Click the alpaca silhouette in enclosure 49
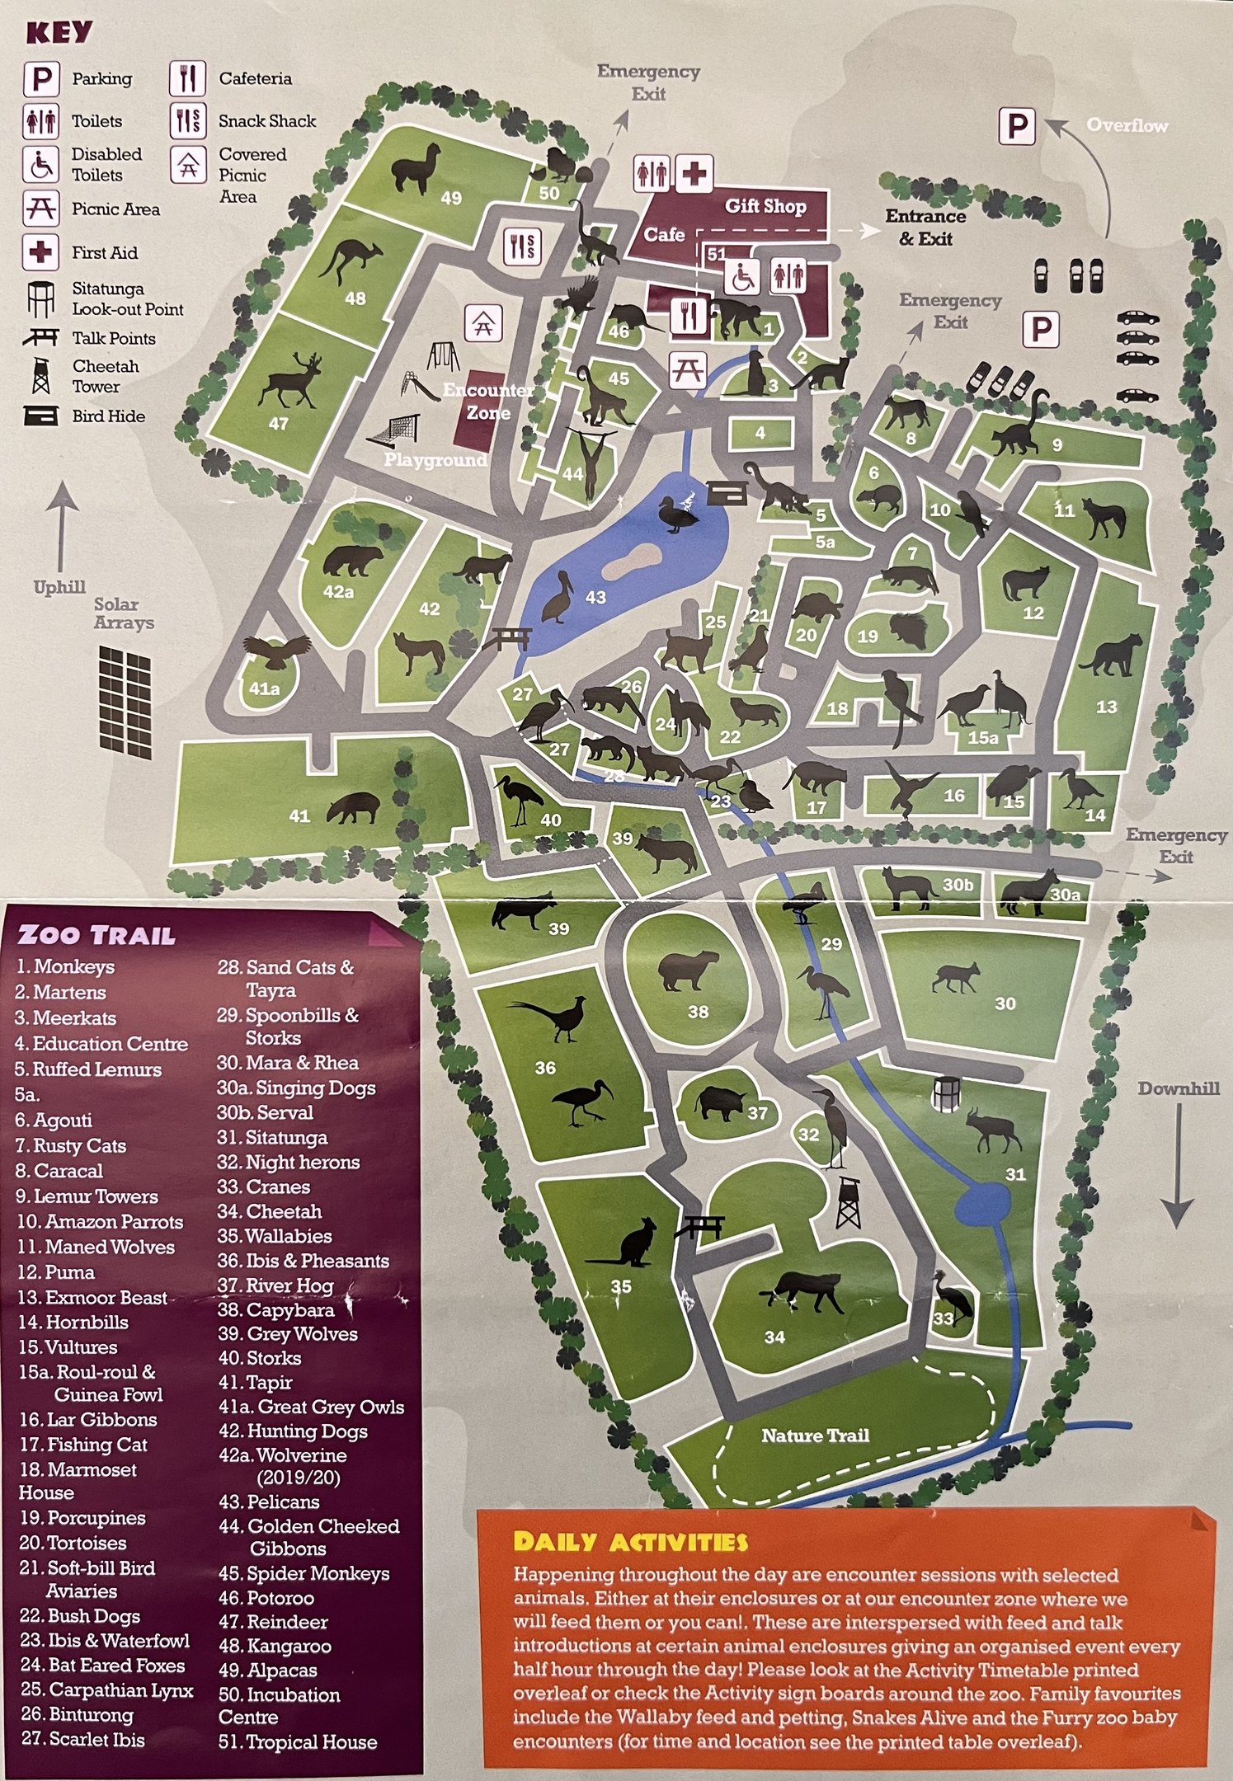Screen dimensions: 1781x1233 point(416,168)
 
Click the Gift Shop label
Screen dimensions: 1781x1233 point(765,206)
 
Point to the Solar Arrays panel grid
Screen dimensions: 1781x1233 point(125,701)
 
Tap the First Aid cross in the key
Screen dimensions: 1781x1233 point(40,251)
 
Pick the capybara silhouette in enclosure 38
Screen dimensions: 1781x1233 point(689,970)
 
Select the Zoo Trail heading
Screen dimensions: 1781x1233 point(96,934)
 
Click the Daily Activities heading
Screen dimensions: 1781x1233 point(630,1541)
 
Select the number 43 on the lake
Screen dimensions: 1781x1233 point(595,597)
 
